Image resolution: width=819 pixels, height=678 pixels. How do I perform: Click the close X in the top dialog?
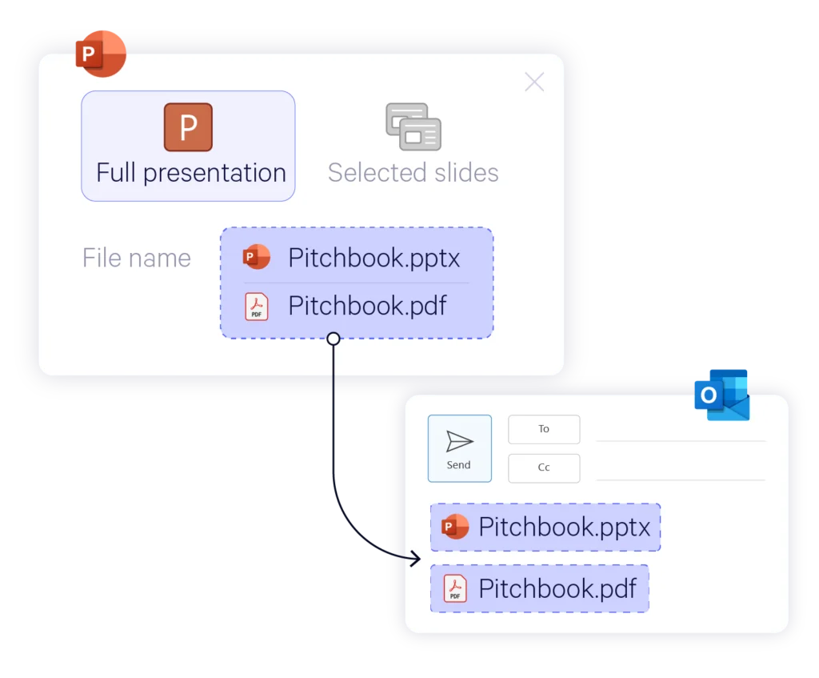coord(533,82)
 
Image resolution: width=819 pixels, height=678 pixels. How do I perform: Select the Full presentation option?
coord(188,146)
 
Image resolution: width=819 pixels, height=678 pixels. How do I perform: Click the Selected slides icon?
coord(413,126)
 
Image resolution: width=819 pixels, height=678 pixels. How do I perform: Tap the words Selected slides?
coord(413,173)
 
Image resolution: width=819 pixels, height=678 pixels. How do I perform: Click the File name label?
coord(137,258)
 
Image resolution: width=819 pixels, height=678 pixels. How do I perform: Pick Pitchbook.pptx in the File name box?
coord(374,258)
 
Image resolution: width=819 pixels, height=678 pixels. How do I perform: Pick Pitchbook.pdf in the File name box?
coord(367,306)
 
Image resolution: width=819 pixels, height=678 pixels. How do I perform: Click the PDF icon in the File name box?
coord(257,307)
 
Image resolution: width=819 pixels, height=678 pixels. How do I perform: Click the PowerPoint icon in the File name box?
coord(257,257)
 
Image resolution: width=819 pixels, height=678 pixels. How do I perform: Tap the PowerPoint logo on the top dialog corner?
coord(101,54)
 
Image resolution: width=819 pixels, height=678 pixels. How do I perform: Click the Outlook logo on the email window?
coord(722,394)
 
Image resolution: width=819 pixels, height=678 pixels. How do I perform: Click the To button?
coord(544,429)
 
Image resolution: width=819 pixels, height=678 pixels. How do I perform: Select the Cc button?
coord(544,467)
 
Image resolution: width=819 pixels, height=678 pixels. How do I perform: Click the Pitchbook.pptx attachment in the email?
coord(545,528)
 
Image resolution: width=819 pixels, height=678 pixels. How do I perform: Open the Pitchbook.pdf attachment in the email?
coord(539,588)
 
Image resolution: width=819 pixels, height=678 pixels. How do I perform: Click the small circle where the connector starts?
coord(334,339)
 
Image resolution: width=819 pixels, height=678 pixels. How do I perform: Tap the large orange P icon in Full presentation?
coord(188,127)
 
